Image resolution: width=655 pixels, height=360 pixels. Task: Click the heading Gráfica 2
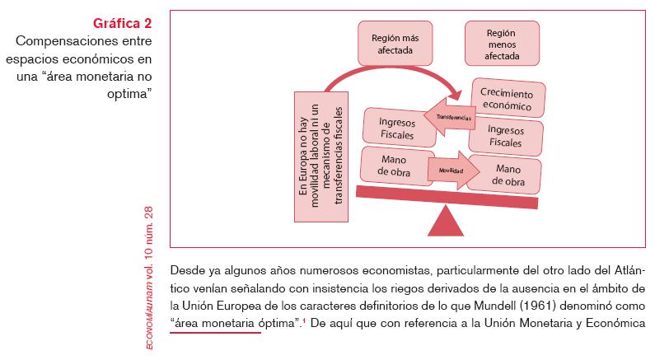(124, 22)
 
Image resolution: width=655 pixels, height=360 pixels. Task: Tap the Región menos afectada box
(503, 44)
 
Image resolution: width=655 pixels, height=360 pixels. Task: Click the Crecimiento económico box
(507, 99)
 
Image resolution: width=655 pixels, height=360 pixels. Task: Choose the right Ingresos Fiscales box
(506, 136)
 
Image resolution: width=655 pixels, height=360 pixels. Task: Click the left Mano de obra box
(397, 165)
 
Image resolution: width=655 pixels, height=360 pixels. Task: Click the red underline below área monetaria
(216, 334)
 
